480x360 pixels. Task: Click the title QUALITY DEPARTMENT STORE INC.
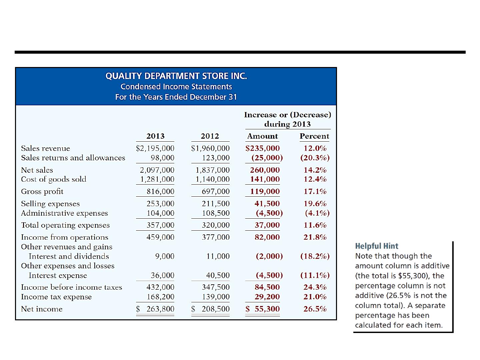tap(176, 76)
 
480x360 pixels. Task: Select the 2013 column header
tap(155, 136)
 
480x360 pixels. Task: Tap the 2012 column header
tap(210, 136)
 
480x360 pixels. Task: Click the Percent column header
tap(314, 136)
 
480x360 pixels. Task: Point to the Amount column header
tap(262, 136)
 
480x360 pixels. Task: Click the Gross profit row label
tap(42, 191)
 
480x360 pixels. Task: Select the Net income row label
tap(42, 309)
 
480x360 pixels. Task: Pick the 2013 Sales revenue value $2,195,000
tap(155, 148)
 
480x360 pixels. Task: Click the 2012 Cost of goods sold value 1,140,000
tap(213, 179)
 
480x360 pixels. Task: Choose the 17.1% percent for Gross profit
tap(315, 191)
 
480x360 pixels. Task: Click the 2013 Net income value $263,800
tap(155, 309)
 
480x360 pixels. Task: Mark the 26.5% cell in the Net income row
tap(315, 309)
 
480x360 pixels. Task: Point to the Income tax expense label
tap(56, 297)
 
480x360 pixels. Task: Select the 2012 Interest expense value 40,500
tap(218, 275)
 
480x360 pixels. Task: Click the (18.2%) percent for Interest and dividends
tap(315, 256)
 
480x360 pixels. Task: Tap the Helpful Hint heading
tap(377, 246)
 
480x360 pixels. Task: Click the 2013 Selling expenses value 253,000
tap(160, 204)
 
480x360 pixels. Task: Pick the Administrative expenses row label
tap(65, 213)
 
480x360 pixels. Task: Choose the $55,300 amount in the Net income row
tap(262, 309)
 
